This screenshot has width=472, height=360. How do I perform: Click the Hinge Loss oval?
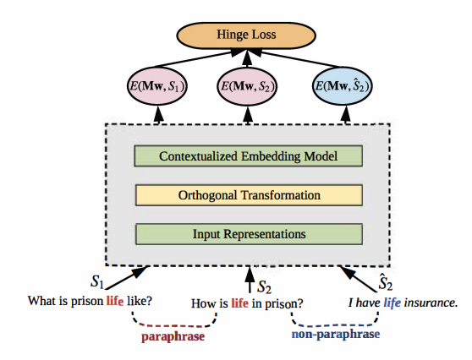click(x=246, y=35)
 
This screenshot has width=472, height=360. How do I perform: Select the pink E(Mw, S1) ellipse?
click(x=157, y=86)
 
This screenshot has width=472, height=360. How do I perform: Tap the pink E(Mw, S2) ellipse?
click(x=248, y=86)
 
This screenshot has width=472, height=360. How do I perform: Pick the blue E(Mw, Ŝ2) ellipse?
click(x=342, y=86)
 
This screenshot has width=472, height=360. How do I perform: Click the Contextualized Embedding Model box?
click(x=249, y=156)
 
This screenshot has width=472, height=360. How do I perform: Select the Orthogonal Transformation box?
click(x=249, y=195)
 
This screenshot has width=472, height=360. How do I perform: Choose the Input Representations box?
click(x=249, y=234)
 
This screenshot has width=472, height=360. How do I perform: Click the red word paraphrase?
click(x=173, y=336)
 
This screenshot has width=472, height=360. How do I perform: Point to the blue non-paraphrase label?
click(x=336, y=334)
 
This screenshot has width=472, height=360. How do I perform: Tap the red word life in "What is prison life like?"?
click(x=115, y=301)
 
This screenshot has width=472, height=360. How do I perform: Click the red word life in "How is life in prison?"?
click(x=239, y=303)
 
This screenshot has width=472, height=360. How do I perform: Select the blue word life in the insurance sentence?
click(x=392, y=303)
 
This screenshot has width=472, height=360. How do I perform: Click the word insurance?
click(x=431, y=303)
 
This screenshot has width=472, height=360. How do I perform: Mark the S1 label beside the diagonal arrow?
click(x=97, y=281)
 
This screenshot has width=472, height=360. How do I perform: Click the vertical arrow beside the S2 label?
click(x=250, y=280)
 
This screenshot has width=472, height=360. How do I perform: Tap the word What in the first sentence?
click(x=40, y=301)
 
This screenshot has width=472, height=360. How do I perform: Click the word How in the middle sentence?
click(x=202, y=303)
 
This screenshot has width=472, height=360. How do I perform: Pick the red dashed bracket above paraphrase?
click(x=174, y=325)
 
